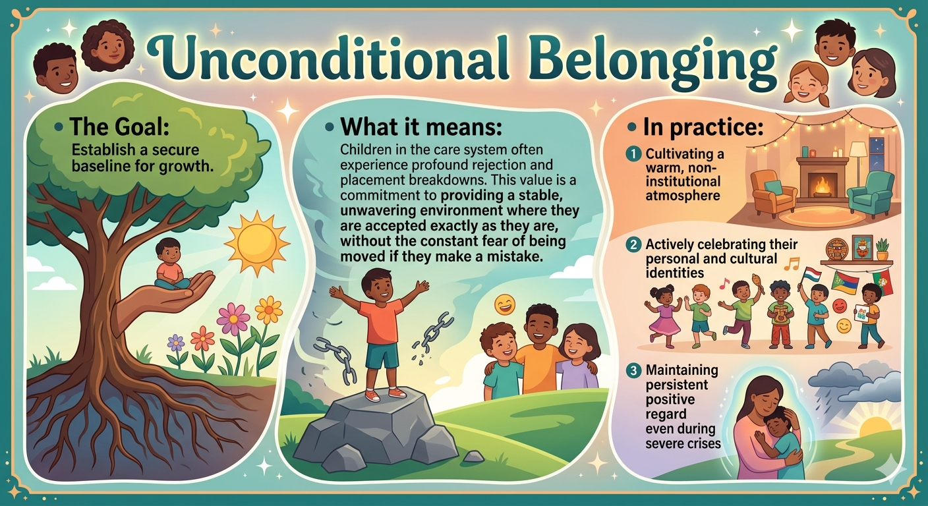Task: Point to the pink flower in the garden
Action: coord(233,318)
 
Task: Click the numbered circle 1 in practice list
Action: coord(633,154)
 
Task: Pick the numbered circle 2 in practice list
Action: coord(633,244)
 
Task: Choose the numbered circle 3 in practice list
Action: coord(633,370)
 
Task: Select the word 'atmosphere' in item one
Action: coord(683,196)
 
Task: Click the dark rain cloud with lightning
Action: coord(854,385)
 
